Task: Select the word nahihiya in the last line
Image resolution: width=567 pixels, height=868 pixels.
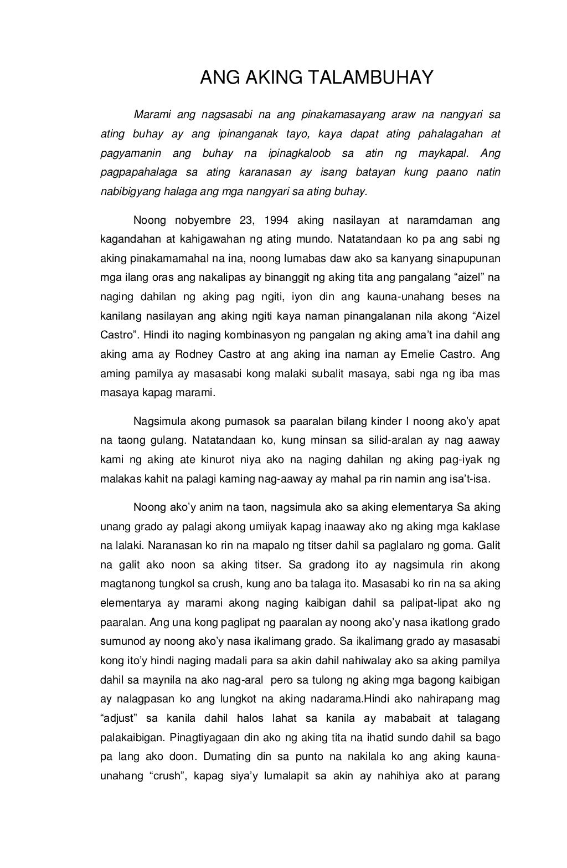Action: [398, 775]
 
